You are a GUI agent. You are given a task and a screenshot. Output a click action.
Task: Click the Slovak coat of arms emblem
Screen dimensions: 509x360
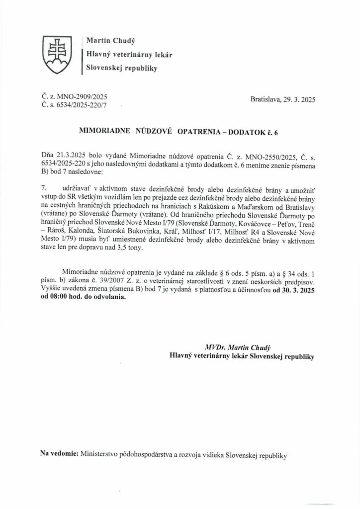tap(57, 53)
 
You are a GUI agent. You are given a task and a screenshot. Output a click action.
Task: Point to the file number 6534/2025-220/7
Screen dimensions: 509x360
tap(78, 105)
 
